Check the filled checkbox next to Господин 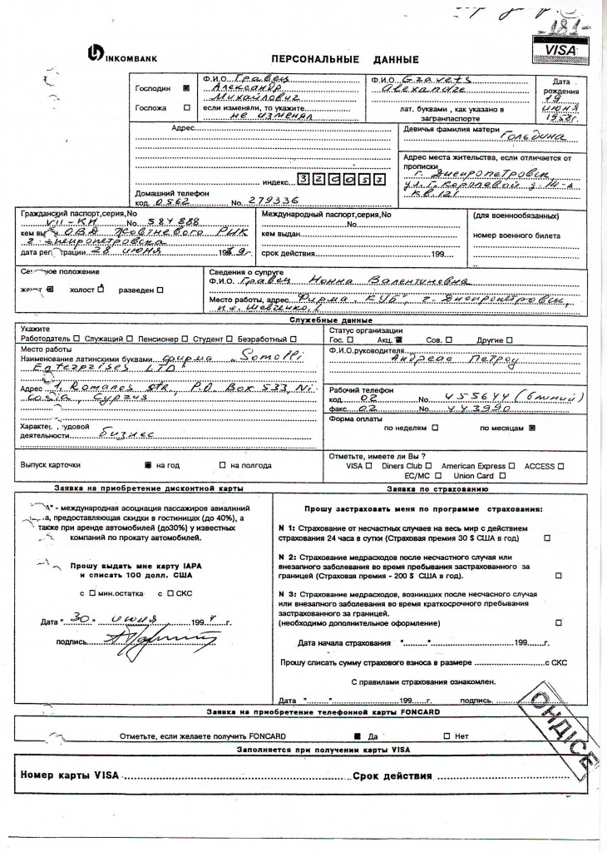tap(185, 87)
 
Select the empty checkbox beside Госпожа tap(185, 108)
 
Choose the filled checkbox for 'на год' tap(146, 465)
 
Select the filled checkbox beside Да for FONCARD tap(357, 736)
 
